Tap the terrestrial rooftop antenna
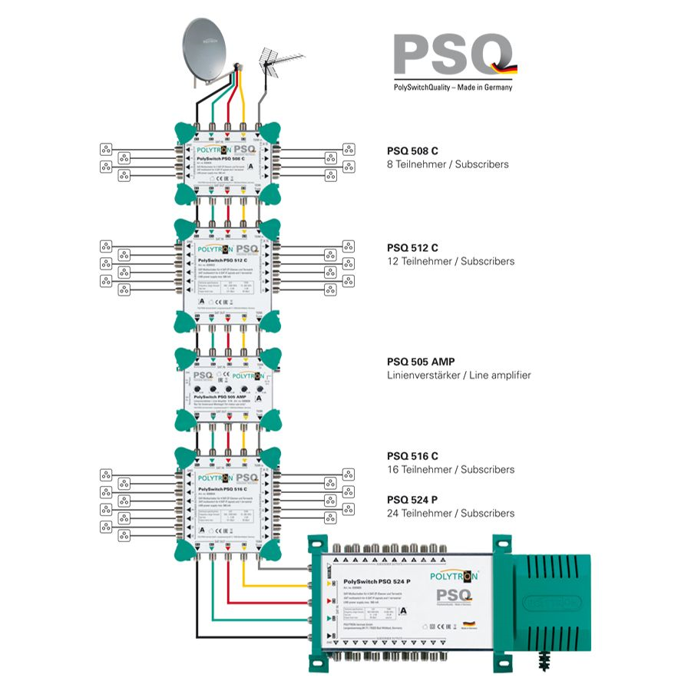click(x=278, y=63)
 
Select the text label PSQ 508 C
click(x=412, y=151)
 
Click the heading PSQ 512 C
click(x=412, y=248)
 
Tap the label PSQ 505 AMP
click(x=422, y=362)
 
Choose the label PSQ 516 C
click(x=412, y=456)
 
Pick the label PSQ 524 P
click(x=412, y=500)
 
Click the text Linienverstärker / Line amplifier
click(x=459, y=375)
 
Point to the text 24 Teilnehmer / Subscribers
click(x=451, y=513)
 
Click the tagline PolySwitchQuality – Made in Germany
click(x=453, y=88)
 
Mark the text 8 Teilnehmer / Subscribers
click(x=448, y=164)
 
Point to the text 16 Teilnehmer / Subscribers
click(x=451, y=469)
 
